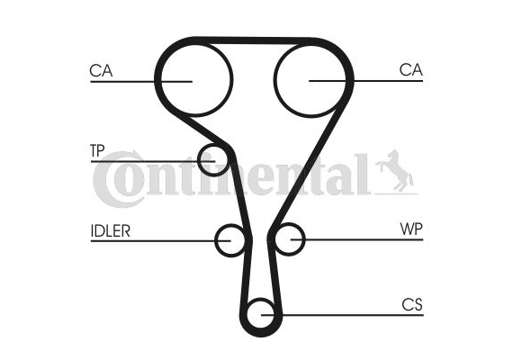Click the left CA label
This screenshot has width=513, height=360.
(x=101, y=71)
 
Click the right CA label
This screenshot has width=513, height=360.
(x=411, y=69)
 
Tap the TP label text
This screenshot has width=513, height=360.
(x=97, y=150)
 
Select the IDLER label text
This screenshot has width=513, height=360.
(x=111, y=230)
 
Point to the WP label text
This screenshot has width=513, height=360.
(x=411, y=229)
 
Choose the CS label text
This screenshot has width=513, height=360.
(x=412, y=305)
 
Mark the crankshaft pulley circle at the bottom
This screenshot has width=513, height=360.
(x=261, y=300)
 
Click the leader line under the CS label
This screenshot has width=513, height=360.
(x=342, y=315)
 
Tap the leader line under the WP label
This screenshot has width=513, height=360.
(x=357, y=240)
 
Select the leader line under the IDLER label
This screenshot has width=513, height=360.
(x=160, y=241)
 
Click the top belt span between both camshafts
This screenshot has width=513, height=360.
(x=254, y=40)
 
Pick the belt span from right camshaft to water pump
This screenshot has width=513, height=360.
(x=308, y=166)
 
